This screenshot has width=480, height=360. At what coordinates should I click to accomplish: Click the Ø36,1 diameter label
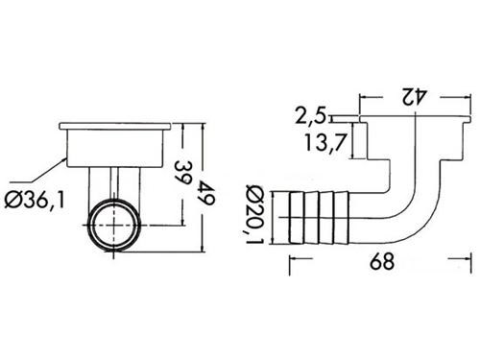tap(35, 201)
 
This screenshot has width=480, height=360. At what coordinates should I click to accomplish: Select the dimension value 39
tap(183, 172)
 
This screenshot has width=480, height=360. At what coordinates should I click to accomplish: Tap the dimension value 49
tap(206, 192)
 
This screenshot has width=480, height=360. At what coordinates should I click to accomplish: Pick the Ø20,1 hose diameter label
tap(255, 214)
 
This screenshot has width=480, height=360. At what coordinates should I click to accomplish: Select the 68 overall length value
tap(382, 261)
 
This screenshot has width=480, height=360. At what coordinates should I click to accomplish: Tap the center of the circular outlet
tap(114, 226)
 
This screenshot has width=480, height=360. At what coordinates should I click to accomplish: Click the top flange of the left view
tap(115, 127)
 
